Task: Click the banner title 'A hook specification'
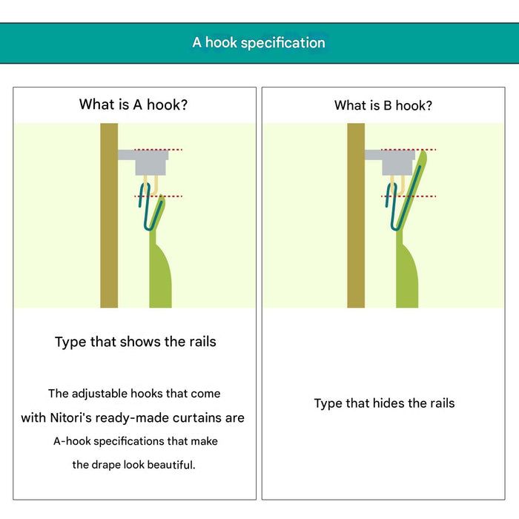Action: pos(259,43)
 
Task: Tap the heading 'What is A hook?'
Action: pos(133,105)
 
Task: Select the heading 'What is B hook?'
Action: pos(383,105)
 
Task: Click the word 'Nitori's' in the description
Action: pos(70,417)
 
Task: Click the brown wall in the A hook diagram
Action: pos(109,216)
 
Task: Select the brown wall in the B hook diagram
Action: pos(356,216)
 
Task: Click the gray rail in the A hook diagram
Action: pos(145,162)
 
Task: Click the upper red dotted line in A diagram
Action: pos(158,150)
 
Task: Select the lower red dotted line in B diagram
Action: pos(409,196)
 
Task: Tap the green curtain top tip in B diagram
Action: pos(423,152)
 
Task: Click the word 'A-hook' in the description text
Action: pos(72,441)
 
